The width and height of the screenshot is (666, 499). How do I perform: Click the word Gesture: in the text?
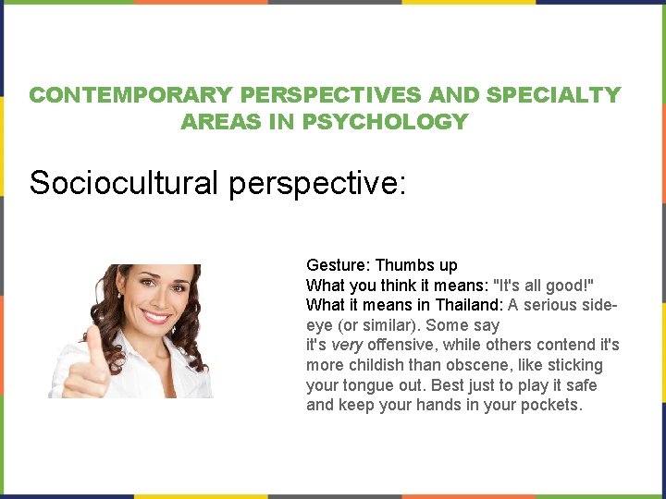(x=339, y=265)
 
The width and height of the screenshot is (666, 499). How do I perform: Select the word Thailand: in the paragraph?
(x=470, y=305)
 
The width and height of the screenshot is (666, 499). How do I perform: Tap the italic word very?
(x=348, y=346)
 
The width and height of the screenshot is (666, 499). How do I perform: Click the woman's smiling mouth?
(x=155, y=318)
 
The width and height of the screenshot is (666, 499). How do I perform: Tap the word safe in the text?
(x=581, y=385)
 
